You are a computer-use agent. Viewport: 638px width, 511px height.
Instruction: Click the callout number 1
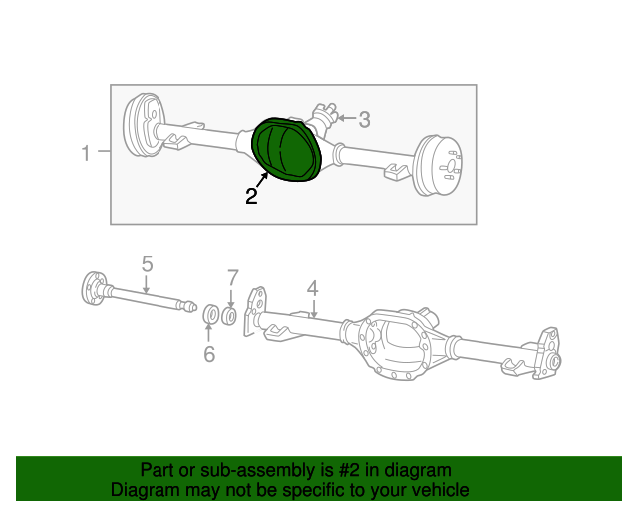tap(86, 153)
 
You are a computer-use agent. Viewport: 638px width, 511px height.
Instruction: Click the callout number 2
tap(252, 197)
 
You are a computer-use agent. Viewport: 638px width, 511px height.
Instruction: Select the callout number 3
tap(364, 120)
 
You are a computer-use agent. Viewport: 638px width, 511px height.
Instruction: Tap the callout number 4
tap(312, 288)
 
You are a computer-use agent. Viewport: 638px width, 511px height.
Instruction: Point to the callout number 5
tap(147, 263)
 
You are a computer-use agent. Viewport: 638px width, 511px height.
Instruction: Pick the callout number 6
tap(209, 354)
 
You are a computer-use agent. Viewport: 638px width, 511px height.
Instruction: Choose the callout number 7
tap(232, 276)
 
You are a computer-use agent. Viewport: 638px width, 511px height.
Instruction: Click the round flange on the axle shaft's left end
tap(93, 287)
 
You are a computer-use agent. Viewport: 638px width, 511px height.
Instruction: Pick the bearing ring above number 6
tap(210, 316)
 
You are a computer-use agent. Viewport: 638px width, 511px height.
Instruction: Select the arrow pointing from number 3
tap(344, 118)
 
